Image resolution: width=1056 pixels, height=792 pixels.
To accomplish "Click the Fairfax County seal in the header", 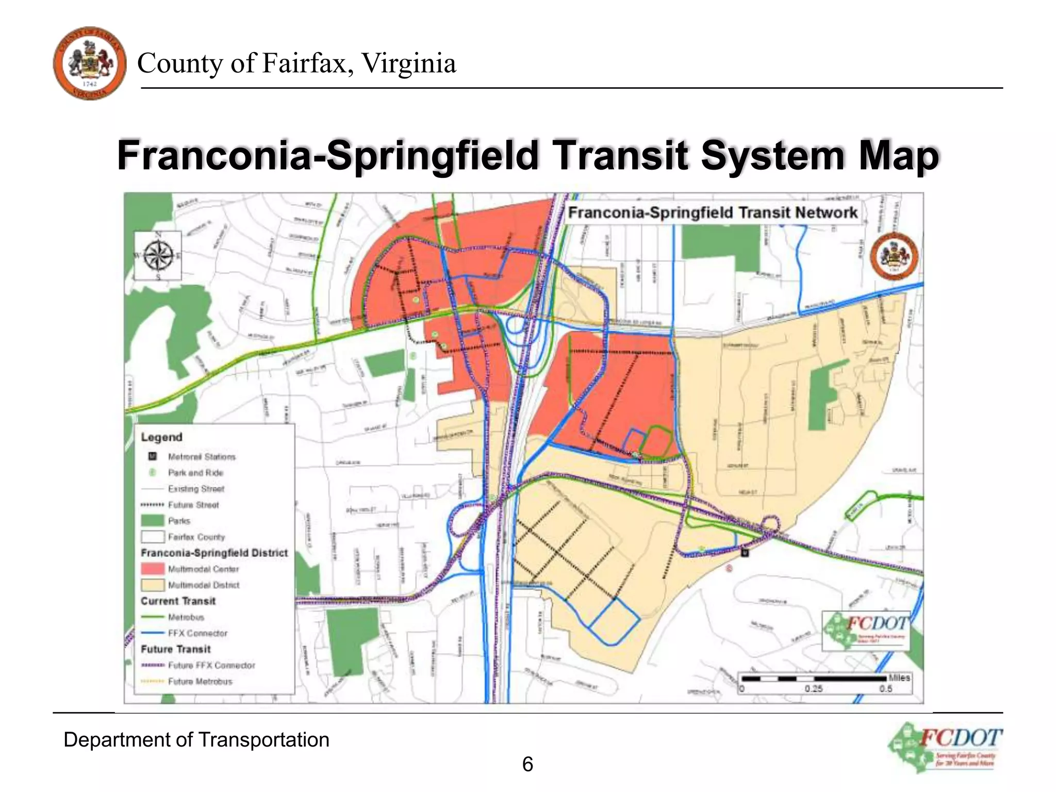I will click(90, 63).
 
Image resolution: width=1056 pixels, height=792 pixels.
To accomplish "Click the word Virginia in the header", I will click(408, 63).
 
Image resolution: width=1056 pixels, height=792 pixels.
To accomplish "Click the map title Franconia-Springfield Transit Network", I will click(713, 212).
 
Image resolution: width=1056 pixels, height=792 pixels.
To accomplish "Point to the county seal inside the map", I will click(894, 256).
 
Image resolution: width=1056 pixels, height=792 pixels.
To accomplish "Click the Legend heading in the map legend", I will click(162, 437).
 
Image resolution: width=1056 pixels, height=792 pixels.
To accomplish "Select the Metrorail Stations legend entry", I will click(201, 457).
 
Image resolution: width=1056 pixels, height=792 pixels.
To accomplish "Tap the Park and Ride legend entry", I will click(195, 473).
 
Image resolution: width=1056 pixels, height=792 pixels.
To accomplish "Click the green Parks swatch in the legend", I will click(153, 521).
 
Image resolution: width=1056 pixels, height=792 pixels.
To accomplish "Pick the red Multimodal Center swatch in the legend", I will click(153, 569).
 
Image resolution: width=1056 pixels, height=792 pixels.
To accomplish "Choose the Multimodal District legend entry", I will click(203, 585).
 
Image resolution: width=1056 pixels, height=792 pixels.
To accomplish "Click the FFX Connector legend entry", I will click(197, 633).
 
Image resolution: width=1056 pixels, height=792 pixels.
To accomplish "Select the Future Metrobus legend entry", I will click(200, 682).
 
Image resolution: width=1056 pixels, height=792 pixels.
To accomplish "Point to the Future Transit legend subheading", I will click(176, 649).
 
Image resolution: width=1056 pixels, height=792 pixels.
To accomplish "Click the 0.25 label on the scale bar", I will click(813, 689).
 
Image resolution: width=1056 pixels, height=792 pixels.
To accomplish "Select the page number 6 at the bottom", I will click(527, 764).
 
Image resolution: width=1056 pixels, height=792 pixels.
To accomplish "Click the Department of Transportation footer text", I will click(196, 740).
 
